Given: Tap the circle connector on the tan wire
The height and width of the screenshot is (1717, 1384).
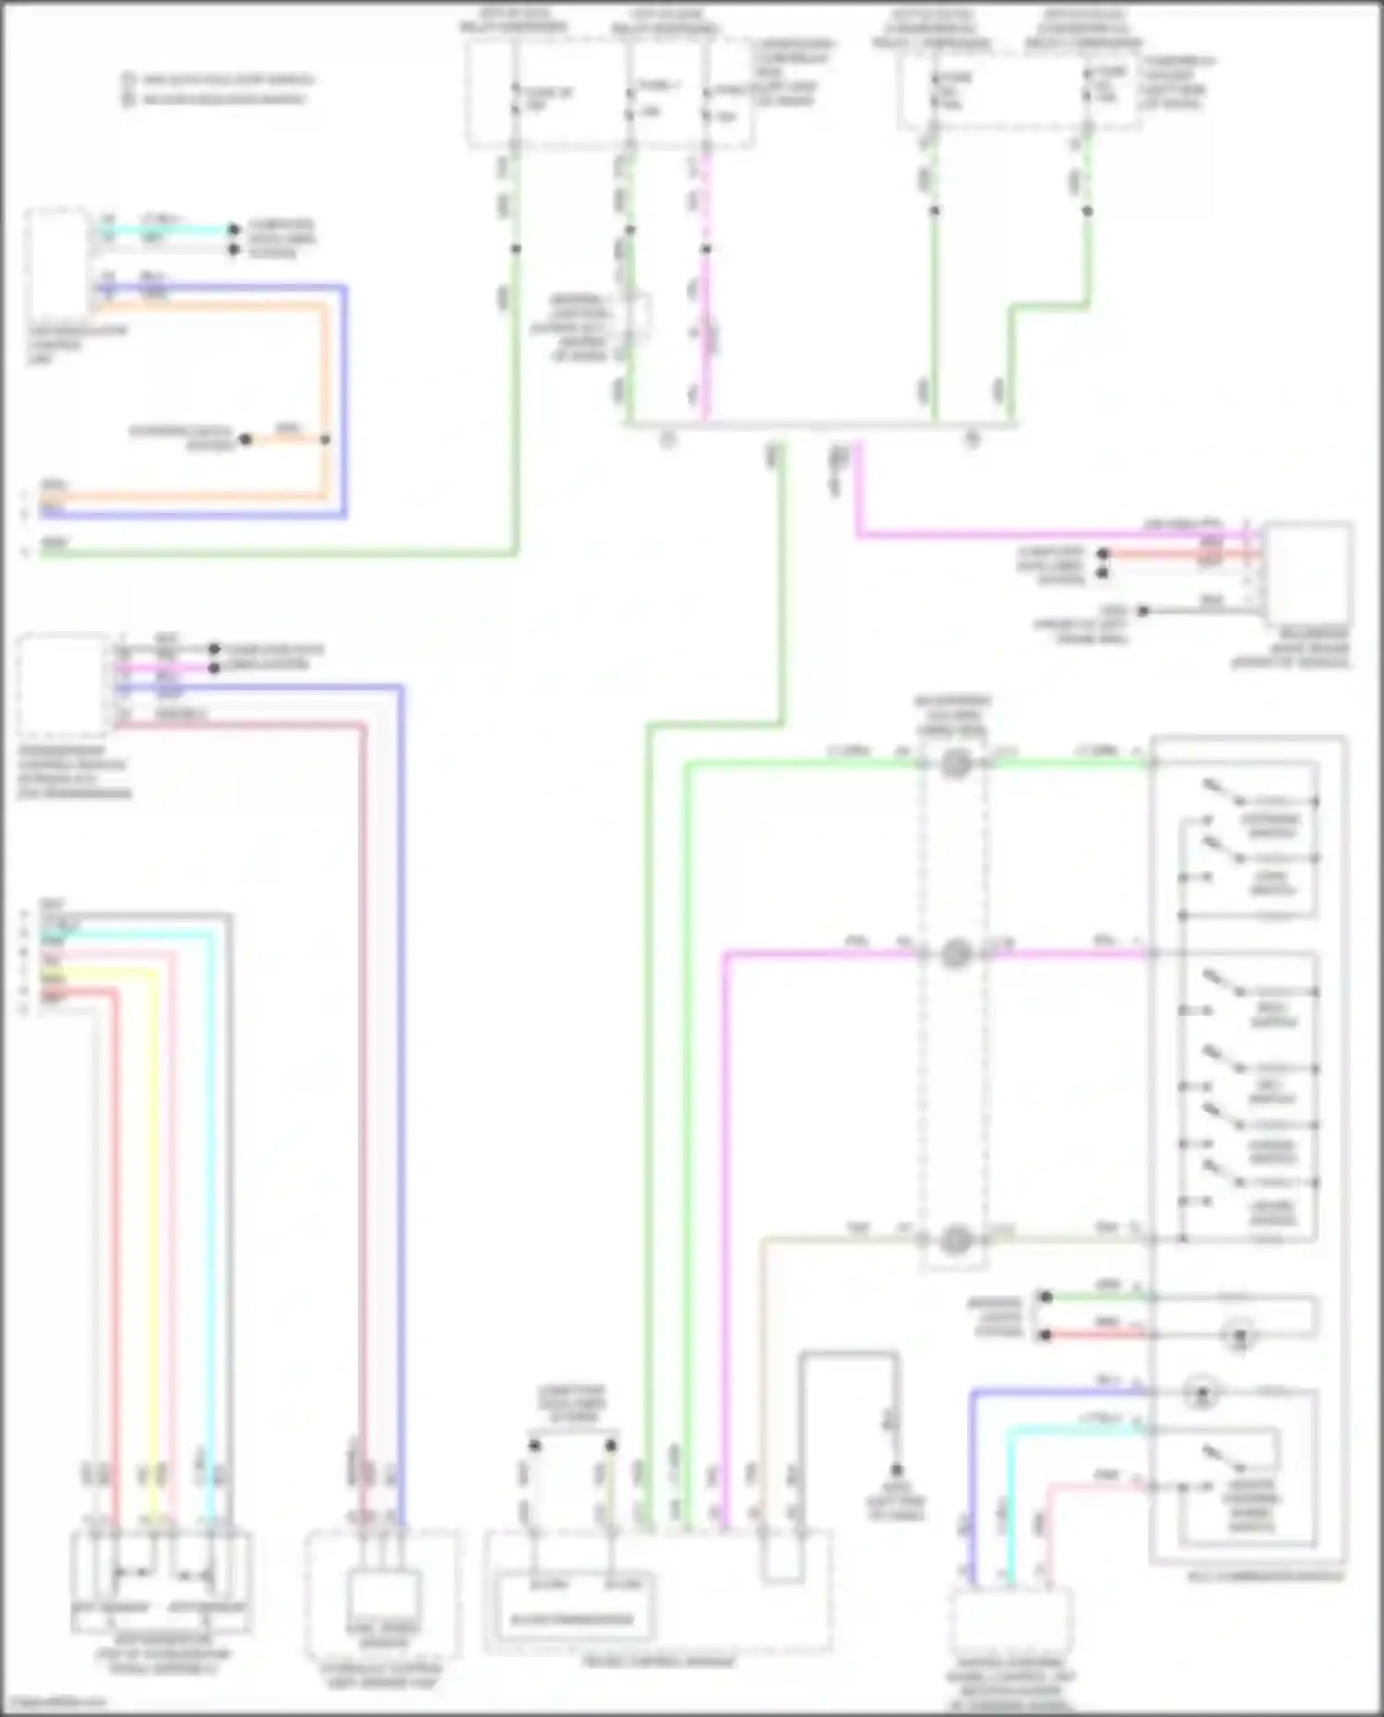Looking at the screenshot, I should click(x=956, y=1240).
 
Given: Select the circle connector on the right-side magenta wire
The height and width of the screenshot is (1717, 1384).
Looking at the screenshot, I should click(x=956, y=953).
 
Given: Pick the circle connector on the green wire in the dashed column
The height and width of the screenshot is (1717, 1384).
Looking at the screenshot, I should click(x=956, y=764).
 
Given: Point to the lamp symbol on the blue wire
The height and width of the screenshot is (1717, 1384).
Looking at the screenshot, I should click(x=1201, y=1392).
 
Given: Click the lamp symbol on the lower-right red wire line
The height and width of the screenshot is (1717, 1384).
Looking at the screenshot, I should click(x=1239, y=1334).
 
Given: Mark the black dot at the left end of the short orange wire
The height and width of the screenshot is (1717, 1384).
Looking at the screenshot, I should click(x=245, y=440).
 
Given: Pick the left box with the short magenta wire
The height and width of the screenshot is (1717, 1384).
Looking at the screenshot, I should click(x=62, y=683).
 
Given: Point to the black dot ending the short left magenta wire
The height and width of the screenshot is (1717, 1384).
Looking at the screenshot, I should click(x=214, y=667).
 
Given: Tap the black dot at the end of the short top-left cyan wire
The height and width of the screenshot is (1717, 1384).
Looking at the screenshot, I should click(x=233, y=230).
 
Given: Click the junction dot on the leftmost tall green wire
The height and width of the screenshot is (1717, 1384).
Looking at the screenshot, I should click(x=516, y=249).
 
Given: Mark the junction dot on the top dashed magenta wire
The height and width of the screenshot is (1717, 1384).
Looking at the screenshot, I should click(x=706, y=249).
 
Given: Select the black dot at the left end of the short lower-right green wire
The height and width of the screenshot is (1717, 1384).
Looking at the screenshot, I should click(x=1045, y=1296).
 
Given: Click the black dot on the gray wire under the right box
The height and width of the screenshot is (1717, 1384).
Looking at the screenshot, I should click(x=1142, y=611).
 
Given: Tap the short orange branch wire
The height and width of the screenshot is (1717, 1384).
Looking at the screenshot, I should click(x=286, y=440).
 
